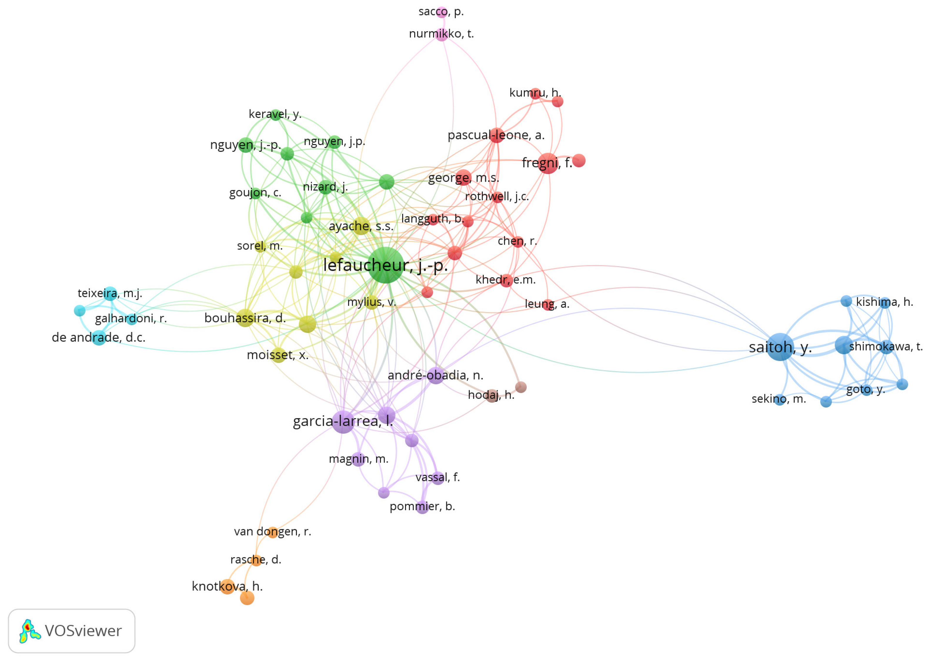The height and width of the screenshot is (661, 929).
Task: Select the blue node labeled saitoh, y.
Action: pos(780,346)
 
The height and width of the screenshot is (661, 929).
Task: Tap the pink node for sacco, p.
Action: pos(442,12)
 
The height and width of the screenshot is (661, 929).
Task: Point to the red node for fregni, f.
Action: pos(548,163)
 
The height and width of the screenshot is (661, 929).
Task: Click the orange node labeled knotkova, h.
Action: pos(227,587)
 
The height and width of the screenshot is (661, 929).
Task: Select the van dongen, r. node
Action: pos(272,532)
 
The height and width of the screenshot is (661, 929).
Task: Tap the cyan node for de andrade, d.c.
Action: pos(98,338)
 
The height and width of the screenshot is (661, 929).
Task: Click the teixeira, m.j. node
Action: pos(110,293)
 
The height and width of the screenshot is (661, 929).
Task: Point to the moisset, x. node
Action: pos(278,355)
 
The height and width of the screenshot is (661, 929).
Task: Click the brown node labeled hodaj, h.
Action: pos(492,395)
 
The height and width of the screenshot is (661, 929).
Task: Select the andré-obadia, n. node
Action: pos(435,375)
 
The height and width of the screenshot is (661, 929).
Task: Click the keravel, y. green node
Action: pos(275,114)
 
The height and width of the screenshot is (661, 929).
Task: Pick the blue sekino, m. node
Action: pos(779,399)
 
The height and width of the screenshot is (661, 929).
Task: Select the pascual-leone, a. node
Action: pos(497,135)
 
